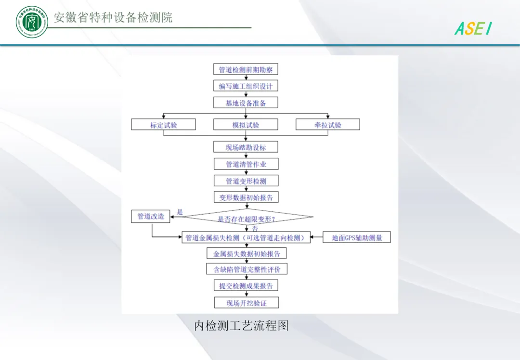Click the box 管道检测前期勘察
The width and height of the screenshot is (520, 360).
pyautogui.click(x=246, y=70)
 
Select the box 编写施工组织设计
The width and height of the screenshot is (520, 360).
pyautogui.click(x=246, y=86)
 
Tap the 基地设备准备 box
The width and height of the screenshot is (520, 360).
pyautogui.click(x=246, y=103)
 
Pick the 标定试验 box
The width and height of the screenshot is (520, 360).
pyautogui.click(x=164, y=125)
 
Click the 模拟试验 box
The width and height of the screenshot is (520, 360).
pyautogui.click(x=246, y=125)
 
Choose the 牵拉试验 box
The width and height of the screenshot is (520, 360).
pyautogui.click(x=328, y=125)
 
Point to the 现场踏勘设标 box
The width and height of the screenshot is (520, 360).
pyautogui.click(x=246, y=147)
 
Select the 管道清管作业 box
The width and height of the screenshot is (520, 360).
pyautogui.click(x=246, y=164)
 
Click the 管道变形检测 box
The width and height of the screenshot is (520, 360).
pyautogui.click(x=246, y=181)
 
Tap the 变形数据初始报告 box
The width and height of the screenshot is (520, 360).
pyautogui.click(x=246, y=198)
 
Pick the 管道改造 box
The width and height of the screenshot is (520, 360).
pyautogui.click(x=151, y=217)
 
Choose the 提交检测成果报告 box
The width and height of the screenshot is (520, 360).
pyautogui.click(x=246, y=286)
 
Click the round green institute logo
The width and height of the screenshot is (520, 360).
pyautogui.click(x=32, y=22)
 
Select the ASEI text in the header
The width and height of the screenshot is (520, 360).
pyautogui.click(x=473, y=29)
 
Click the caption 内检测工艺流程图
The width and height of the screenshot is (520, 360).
pyautogui.click(x=241, y=326)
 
